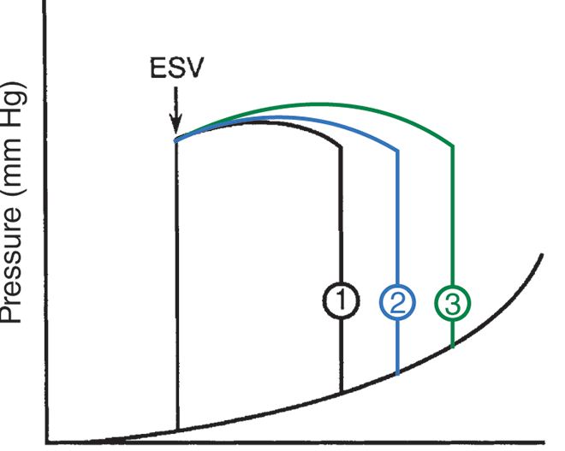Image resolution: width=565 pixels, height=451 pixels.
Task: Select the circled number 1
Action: [341, 300]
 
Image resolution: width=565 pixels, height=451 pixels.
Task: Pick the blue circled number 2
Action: [397, 300]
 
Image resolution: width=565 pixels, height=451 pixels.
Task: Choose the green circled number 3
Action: [453, 300]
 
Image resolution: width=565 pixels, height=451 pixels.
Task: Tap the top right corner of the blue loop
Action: [397, 151]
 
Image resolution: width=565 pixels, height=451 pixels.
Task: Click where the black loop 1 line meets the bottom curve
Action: [341, 393]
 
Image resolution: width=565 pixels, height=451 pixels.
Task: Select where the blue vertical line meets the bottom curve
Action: [397, 374]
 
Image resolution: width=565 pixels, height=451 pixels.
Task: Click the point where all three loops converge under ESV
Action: [177, 139]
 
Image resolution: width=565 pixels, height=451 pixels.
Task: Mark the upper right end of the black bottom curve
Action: [544, 254]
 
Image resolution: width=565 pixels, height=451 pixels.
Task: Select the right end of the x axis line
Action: [545, 443]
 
